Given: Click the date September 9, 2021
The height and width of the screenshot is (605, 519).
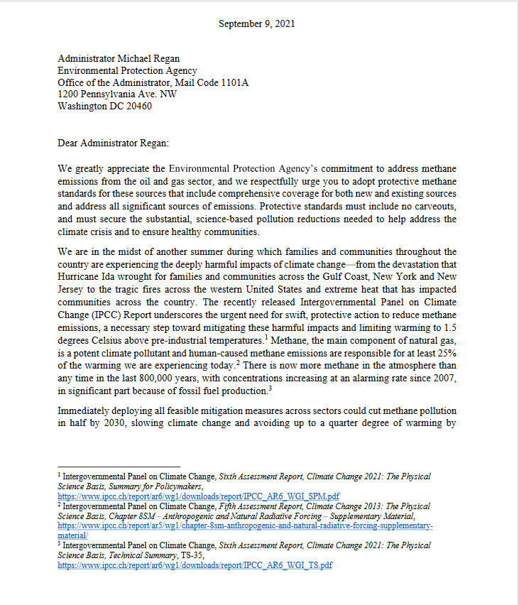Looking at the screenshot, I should pos(256,23).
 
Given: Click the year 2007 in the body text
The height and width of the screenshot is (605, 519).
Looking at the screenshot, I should pos(443,379).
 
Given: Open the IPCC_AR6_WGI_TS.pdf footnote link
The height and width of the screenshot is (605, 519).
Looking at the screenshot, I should pos(195,565).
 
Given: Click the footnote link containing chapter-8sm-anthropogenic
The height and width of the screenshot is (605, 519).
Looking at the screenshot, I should pos(244,525).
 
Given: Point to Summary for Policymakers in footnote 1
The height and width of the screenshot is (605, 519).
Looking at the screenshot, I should pos(155,486).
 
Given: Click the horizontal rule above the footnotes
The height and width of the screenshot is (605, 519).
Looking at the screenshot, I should pos(119,467).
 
